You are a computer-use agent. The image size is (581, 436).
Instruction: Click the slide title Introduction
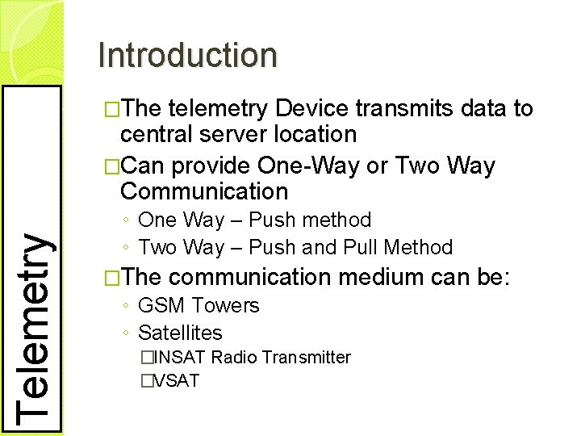tap(187, 55)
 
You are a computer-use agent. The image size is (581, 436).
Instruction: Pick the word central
tap(158, 134)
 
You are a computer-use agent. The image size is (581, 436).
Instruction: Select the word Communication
tap(203, 191)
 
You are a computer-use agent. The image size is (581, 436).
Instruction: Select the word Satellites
tap(180, 333)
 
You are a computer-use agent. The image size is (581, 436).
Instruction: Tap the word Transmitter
tap(306, 357)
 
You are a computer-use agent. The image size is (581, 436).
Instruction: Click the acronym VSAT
tap(175, 379)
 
